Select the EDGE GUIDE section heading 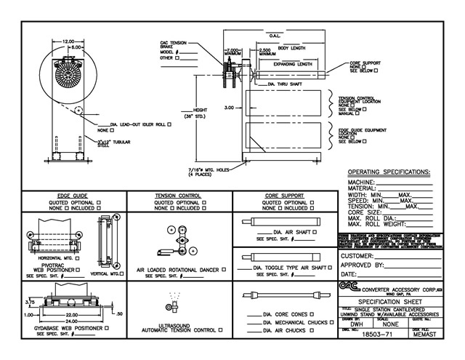73,196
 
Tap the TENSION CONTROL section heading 179,196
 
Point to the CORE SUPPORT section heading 284,196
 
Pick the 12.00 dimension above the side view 68,41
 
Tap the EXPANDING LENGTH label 294,64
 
